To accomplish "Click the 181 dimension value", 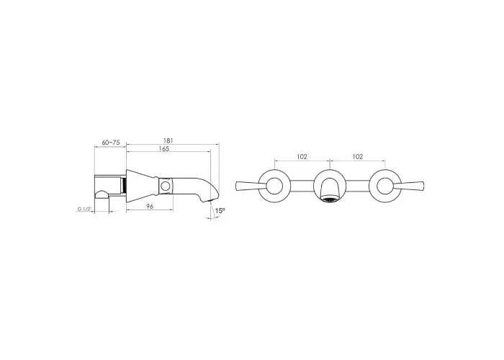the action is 168,140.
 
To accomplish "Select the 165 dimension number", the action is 163,149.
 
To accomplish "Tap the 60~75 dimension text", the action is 110,143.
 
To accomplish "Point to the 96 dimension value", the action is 150,207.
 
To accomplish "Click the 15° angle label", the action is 220,211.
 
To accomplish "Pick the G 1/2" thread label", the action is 85,210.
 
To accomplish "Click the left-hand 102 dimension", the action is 302,156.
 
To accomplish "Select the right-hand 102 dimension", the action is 358,156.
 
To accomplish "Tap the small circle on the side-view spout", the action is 166,186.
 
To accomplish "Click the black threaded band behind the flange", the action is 124,186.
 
